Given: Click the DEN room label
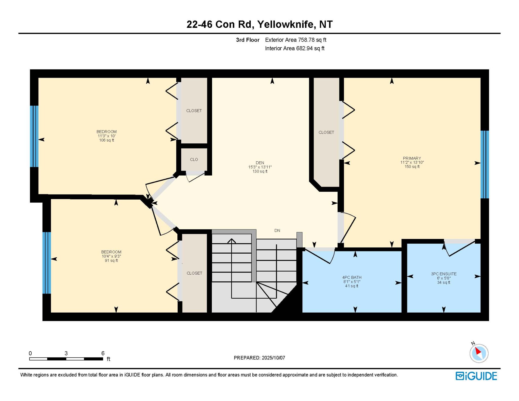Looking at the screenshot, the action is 260,163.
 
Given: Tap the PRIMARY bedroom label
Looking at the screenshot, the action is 412,158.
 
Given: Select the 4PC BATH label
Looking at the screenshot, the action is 352,277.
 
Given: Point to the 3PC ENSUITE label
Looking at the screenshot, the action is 444,274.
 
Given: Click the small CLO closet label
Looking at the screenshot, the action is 194,160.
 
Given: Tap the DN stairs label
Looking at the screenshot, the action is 277,231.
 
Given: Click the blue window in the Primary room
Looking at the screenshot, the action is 485,164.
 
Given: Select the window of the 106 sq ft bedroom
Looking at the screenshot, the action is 34,136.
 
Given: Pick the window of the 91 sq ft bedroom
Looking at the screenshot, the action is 47,263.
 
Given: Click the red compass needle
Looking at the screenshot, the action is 478,351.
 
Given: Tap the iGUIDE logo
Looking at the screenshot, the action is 476,376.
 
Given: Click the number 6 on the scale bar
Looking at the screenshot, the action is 103,353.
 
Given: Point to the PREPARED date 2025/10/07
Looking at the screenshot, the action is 273,358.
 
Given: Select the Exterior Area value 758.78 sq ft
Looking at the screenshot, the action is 312,40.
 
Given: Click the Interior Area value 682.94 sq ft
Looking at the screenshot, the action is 310,48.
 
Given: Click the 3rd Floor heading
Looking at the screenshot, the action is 248,40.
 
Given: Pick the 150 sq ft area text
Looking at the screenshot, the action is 412,167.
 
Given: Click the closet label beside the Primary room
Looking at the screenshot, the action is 326,132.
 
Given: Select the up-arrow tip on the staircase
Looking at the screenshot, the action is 231,239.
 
